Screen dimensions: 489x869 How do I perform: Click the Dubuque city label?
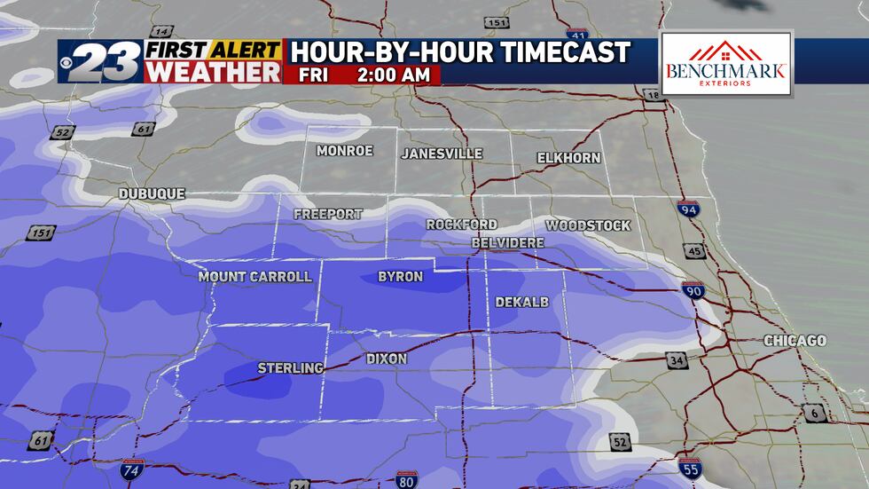tap(152, 193)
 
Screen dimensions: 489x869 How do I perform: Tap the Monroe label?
tap(345, 151)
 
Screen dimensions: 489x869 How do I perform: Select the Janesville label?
tap(442, 154)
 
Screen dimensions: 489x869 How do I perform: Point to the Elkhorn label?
tap(568, 158)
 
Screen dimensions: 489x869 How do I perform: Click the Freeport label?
tap(327, 214)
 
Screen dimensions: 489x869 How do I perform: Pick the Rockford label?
tap(461, 225)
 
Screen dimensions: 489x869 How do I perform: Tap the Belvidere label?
tap(508, 242)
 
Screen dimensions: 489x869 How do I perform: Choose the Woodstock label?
tap(588, 225)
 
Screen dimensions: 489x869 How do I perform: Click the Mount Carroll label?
tap(254, 277)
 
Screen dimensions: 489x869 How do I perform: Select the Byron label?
tap(400, 277)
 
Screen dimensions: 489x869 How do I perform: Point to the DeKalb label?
tap(521, 303)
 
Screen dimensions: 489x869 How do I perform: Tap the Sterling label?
tap(290, 367)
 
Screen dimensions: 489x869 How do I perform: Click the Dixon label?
tap(387, 359)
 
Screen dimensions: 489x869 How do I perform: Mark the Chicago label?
tap(795, 341)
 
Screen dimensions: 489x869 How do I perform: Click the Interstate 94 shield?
tap(688, 210)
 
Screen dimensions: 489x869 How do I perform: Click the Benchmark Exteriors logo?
tap(725, 64)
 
